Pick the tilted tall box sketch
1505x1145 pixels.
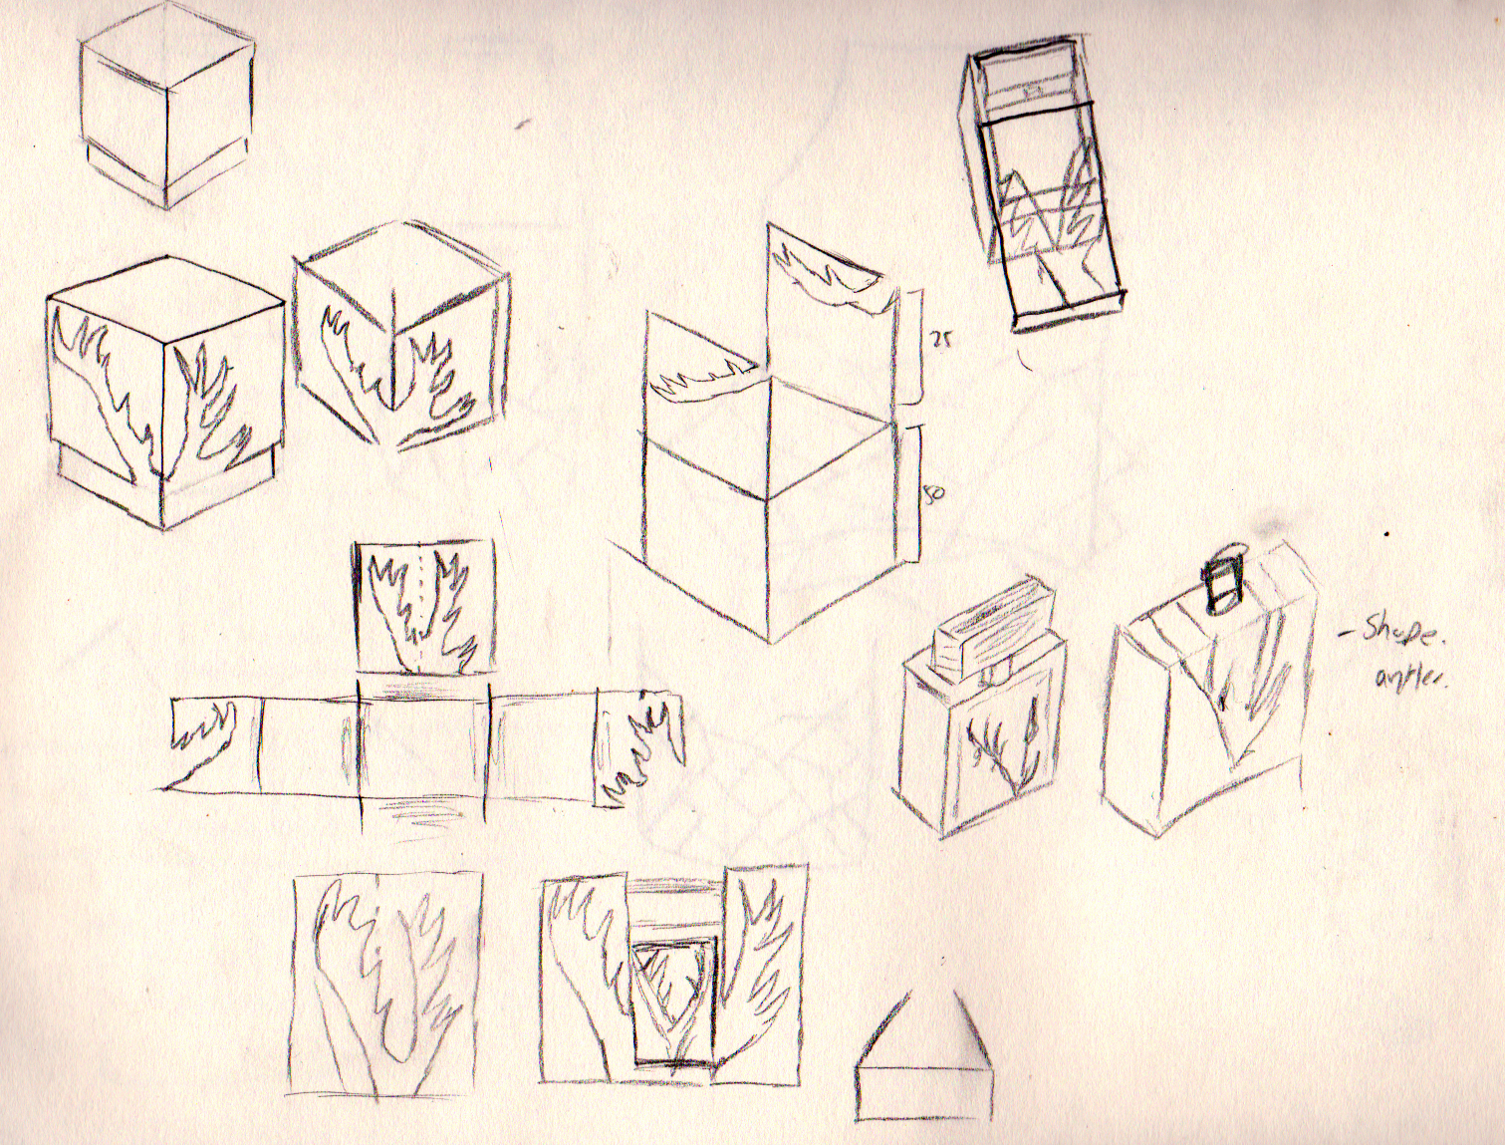pyautogui.click(x=1042, y=189)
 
